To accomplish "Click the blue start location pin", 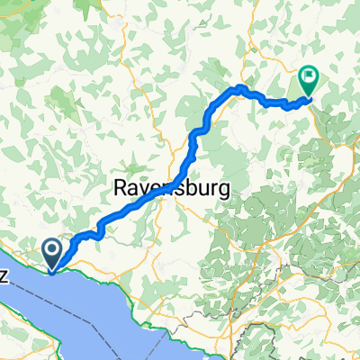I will click(x=52, y=252).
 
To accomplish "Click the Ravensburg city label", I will click(x=171, y=190).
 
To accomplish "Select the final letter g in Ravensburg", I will click(x=220, y=192).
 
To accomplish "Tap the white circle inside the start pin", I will click(x=52, y=249).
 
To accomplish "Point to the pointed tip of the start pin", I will click(x=52, y=268).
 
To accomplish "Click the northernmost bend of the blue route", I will click(x=240, y=87).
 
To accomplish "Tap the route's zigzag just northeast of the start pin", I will click(x=90, y=233).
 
